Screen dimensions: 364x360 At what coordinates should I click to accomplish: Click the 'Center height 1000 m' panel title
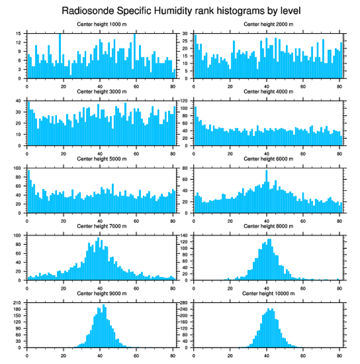point(101,24)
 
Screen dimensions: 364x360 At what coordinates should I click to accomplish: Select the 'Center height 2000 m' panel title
point(268,24)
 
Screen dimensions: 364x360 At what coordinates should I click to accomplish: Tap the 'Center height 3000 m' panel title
point(101,91)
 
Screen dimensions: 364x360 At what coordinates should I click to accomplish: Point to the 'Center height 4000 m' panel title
point(268,91)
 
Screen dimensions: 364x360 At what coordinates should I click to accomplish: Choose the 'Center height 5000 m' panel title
point(101,159)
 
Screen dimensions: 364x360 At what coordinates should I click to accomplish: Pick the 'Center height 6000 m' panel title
point(268,159)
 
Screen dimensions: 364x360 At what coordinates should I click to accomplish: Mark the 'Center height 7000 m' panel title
point(101,226)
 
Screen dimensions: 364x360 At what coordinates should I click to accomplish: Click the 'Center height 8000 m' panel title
point(268,226)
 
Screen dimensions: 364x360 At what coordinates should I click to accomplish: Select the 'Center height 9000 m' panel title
point(101,293)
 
